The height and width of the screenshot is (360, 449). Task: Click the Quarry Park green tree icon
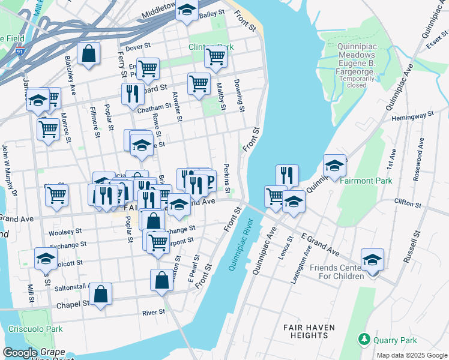point(364,340)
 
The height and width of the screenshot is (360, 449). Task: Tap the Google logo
point(20,353)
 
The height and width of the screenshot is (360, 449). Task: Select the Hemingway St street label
point(414,116)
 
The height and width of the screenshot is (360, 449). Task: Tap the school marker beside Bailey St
point(187,10)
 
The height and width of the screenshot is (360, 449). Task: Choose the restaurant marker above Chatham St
point(133,93)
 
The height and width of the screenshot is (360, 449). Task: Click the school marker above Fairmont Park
point(334,166)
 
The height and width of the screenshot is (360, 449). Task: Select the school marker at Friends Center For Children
point(372,259)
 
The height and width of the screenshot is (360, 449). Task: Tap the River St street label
point(154,313)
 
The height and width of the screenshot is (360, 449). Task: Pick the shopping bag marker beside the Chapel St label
point(101,294)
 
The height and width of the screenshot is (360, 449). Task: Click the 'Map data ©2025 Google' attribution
point(412,355)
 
